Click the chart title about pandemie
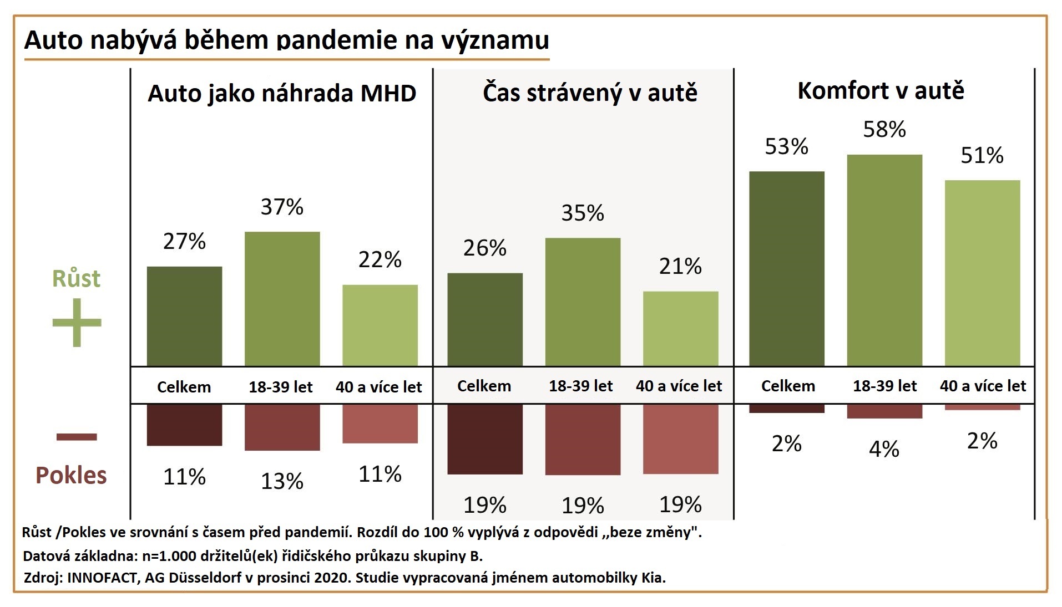tap(286, 40)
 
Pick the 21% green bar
tap(680, 328)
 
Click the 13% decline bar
tap(282, 427)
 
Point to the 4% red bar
tap(884, 411)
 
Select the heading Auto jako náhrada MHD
tap(282, 93)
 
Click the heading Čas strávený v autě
tap(590, 93)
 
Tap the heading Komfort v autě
tap(881, 91)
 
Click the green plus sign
tap(77, 323)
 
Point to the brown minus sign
tap(77, 437)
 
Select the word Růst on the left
tap(76, 278)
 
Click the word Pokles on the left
tap(71, 475)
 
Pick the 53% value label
tap(786, 147)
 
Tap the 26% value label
tap(484, 248)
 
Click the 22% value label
tap(380, 259)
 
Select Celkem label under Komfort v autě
tap(788, 386)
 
